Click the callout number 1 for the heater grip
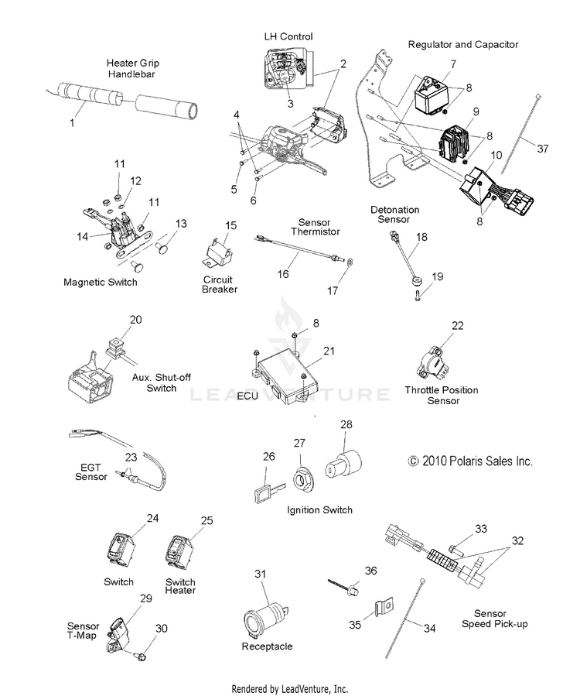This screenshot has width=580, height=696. (x=73, y=123)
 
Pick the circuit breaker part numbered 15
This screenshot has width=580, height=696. (x=219, y=252)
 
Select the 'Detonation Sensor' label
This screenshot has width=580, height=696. (x=394, y=214)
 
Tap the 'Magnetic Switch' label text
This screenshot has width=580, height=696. (x=101, y=283)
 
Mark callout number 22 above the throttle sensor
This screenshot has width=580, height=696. (x=458, y=326)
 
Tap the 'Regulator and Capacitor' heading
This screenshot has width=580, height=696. (x=462, y=45)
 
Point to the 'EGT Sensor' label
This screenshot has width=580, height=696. (x=90, y=471)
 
